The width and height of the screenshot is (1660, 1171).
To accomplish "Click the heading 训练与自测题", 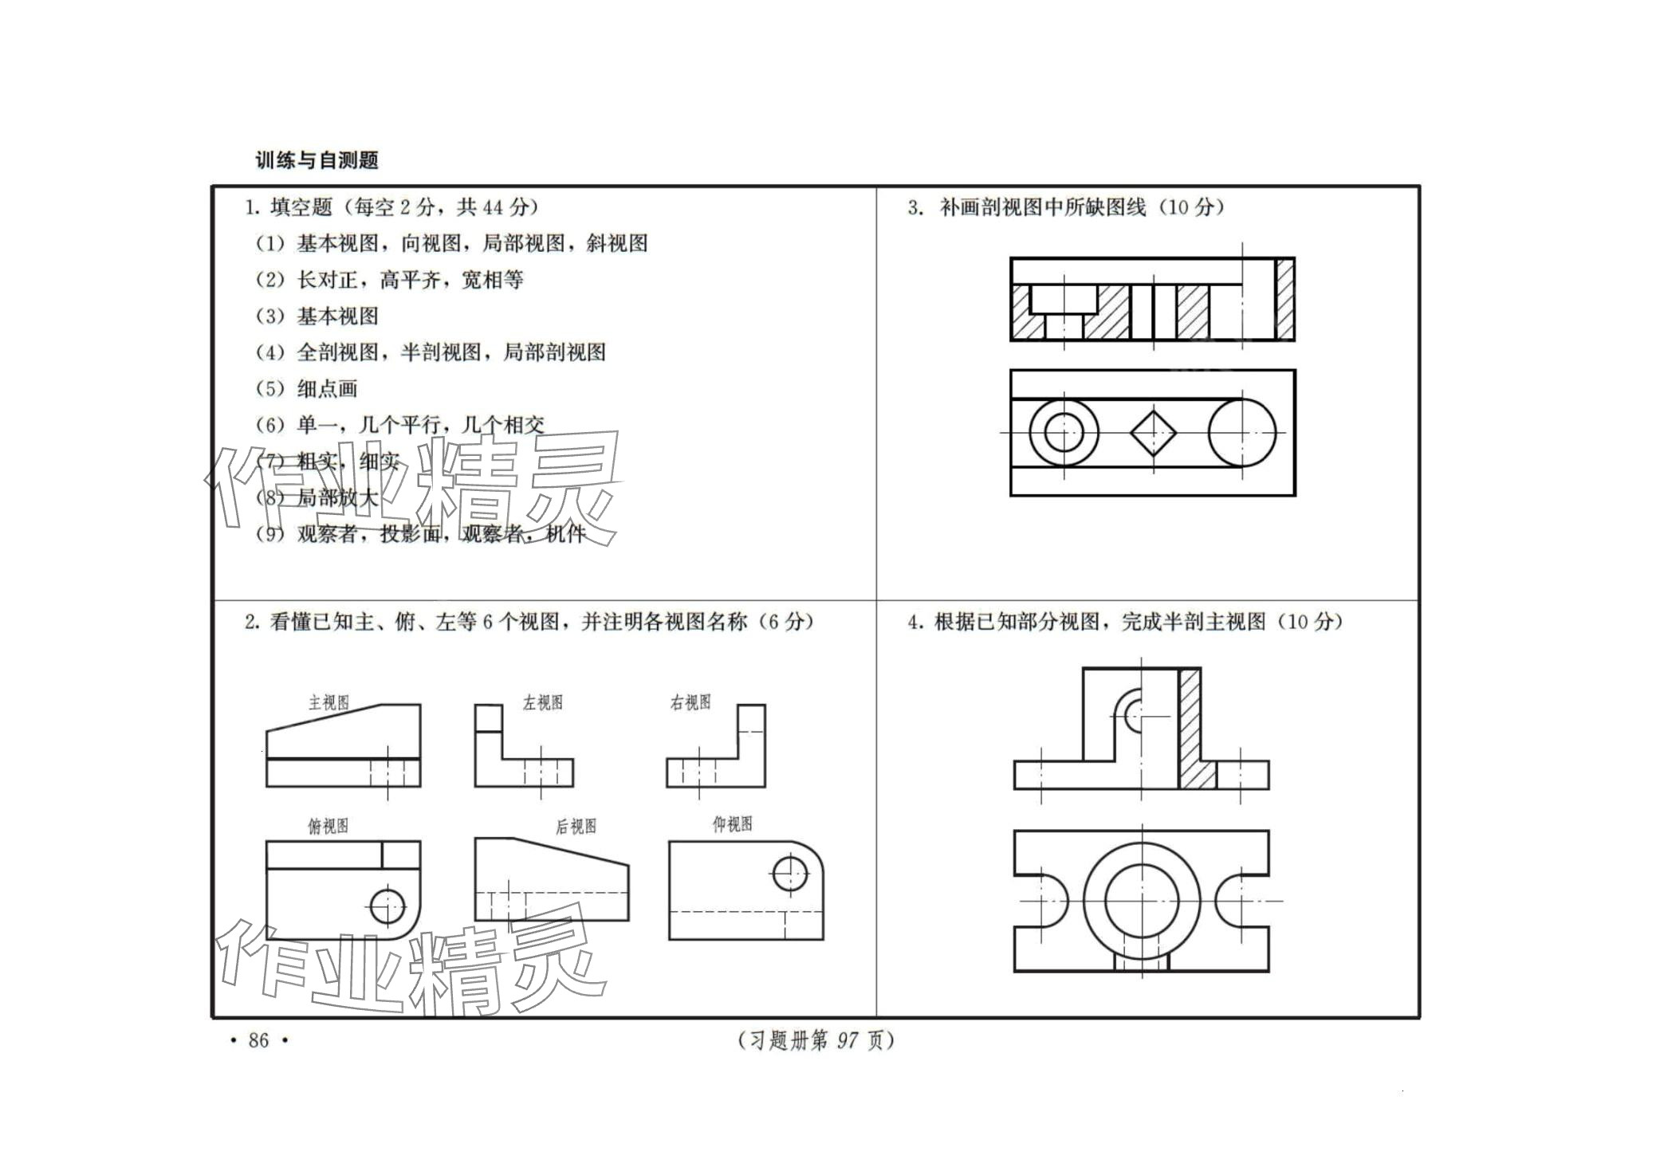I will click(x=317, y=160).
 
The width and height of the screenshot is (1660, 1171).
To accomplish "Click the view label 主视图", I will click(x=328, y=702).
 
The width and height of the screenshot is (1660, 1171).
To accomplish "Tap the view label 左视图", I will click(x=543, y=702).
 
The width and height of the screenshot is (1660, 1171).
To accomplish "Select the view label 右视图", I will click(x=690, y=702).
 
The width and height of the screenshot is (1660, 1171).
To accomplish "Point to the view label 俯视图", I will click(x=328, y=826).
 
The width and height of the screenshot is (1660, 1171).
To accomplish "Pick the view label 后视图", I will click(x=576, y=827).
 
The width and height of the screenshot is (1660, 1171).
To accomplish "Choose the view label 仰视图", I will click(x=732, y=824).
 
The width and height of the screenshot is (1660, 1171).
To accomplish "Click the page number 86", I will click(x=258, y=1040).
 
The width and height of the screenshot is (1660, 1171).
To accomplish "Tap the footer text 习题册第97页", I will click(x=816, y=1040).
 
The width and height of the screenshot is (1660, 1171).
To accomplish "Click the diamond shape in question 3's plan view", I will click(x=1153, y=433).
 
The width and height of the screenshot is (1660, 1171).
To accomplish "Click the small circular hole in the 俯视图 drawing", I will click(x=387, y=906).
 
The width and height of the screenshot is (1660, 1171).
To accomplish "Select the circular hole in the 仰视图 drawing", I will click(x=789, y=874).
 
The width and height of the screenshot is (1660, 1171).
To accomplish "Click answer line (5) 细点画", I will click(x=307, y=389).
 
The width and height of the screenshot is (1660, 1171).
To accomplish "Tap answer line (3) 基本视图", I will click(x=317, y=316).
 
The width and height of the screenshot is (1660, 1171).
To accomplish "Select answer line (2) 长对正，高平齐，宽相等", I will click(x=389, y=280).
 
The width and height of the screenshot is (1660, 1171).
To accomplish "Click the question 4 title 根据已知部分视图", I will click(x=1125, y=622).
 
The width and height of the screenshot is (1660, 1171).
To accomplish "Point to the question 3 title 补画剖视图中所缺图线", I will click(x=1065, y=207).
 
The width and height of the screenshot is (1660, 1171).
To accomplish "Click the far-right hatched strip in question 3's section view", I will click(x=1284, y=299).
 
